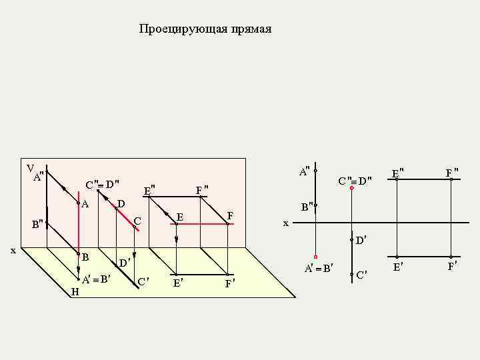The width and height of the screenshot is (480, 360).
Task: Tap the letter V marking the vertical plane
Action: (x=30, y=167)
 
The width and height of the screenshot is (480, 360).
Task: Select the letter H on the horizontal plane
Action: (x=75, y=292)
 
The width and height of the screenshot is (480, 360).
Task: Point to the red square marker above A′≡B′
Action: (x=315, y=257)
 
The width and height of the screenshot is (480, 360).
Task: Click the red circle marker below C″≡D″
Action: (x=351, y=189)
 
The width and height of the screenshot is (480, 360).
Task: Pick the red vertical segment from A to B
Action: (x=79, y=229)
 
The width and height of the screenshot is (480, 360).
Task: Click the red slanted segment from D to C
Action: (x=125, y=218)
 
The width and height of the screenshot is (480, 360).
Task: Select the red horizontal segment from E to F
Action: (x=200, y=225)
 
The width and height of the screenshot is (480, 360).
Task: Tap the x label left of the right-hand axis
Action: (x=285, y=223)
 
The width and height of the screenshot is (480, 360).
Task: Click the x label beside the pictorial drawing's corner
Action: (x=13, y=250)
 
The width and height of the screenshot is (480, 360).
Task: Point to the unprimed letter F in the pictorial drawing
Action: (x=230, y=215)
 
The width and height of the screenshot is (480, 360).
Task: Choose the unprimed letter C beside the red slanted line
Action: (x=137, y=220)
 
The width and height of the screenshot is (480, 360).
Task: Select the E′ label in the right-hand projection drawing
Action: (x=397, y=267)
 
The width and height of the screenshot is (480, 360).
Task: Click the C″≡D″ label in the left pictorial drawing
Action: (x=102, y=183)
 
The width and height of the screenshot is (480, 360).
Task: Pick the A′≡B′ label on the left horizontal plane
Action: (x=96, y=279)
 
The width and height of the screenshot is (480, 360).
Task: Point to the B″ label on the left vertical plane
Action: (x=38, y=223)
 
